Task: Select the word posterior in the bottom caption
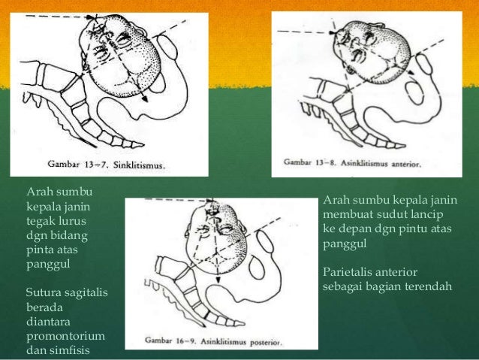(x=279, y=343)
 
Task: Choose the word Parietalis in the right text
(x=348, y=272)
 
